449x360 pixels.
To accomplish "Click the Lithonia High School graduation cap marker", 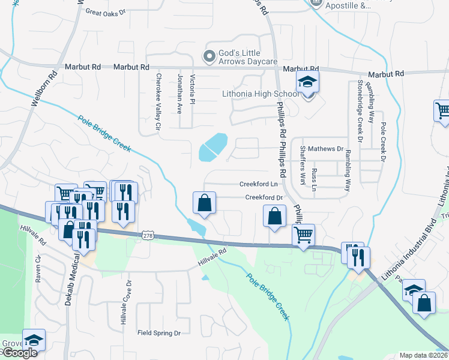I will tap(307, 83).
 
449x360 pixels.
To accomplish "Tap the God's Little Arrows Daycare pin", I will tap(209, 57).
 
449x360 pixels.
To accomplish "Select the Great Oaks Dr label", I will tap(106, 11).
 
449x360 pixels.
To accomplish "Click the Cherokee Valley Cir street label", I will tap(159, 101).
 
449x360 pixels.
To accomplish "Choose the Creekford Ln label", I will tap(258, 184).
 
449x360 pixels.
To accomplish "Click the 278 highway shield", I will tap(149, 236).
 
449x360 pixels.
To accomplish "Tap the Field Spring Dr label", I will tap(159, 332).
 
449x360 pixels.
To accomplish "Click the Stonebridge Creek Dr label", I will tap(360, 110).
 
